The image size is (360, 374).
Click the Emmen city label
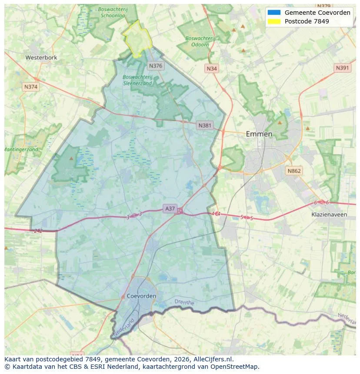259,134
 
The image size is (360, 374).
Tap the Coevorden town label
142,296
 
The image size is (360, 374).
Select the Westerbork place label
41,57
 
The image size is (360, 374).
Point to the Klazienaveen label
329,215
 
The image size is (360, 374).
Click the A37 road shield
170,209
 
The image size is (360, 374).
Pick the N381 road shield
205,126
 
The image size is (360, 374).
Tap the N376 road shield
155,66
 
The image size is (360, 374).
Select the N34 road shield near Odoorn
212,69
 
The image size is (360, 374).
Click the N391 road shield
343,68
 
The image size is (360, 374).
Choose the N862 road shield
294,171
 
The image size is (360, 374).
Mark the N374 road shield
31,87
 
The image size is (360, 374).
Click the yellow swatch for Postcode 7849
274,21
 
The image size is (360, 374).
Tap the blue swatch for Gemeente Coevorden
274,13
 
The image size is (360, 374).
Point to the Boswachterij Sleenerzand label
137,80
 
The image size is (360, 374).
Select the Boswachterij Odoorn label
200,41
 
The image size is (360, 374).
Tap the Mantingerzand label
21,149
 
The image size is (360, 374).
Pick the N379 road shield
324,6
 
